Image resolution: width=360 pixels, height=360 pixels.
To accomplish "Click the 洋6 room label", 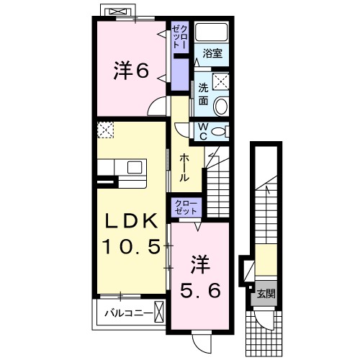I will [130, 70].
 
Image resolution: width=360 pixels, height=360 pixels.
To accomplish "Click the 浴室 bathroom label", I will [211, 53].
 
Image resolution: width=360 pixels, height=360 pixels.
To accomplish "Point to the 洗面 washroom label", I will [204, 93].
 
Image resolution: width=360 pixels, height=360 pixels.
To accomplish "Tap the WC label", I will [203, 132].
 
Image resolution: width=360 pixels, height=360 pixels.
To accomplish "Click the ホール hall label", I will [185, 166].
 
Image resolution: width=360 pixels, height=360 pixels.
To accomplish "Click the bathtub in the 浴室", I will [212, 32].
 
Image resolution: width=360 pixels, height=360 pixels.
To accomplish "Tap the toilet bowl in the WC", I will [224, 131].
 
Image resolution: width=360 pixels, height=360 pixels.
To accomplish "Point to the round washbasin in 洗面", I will [220, 107].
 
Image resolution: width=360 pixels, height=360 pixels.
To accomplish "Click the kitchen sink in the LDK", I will [134, 166].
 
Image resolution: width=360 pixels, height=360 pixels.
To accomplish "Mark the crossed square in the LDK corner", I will [106, 130].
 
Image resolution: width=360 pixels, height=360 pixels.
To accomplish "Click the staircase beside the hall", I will [215, 180].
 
